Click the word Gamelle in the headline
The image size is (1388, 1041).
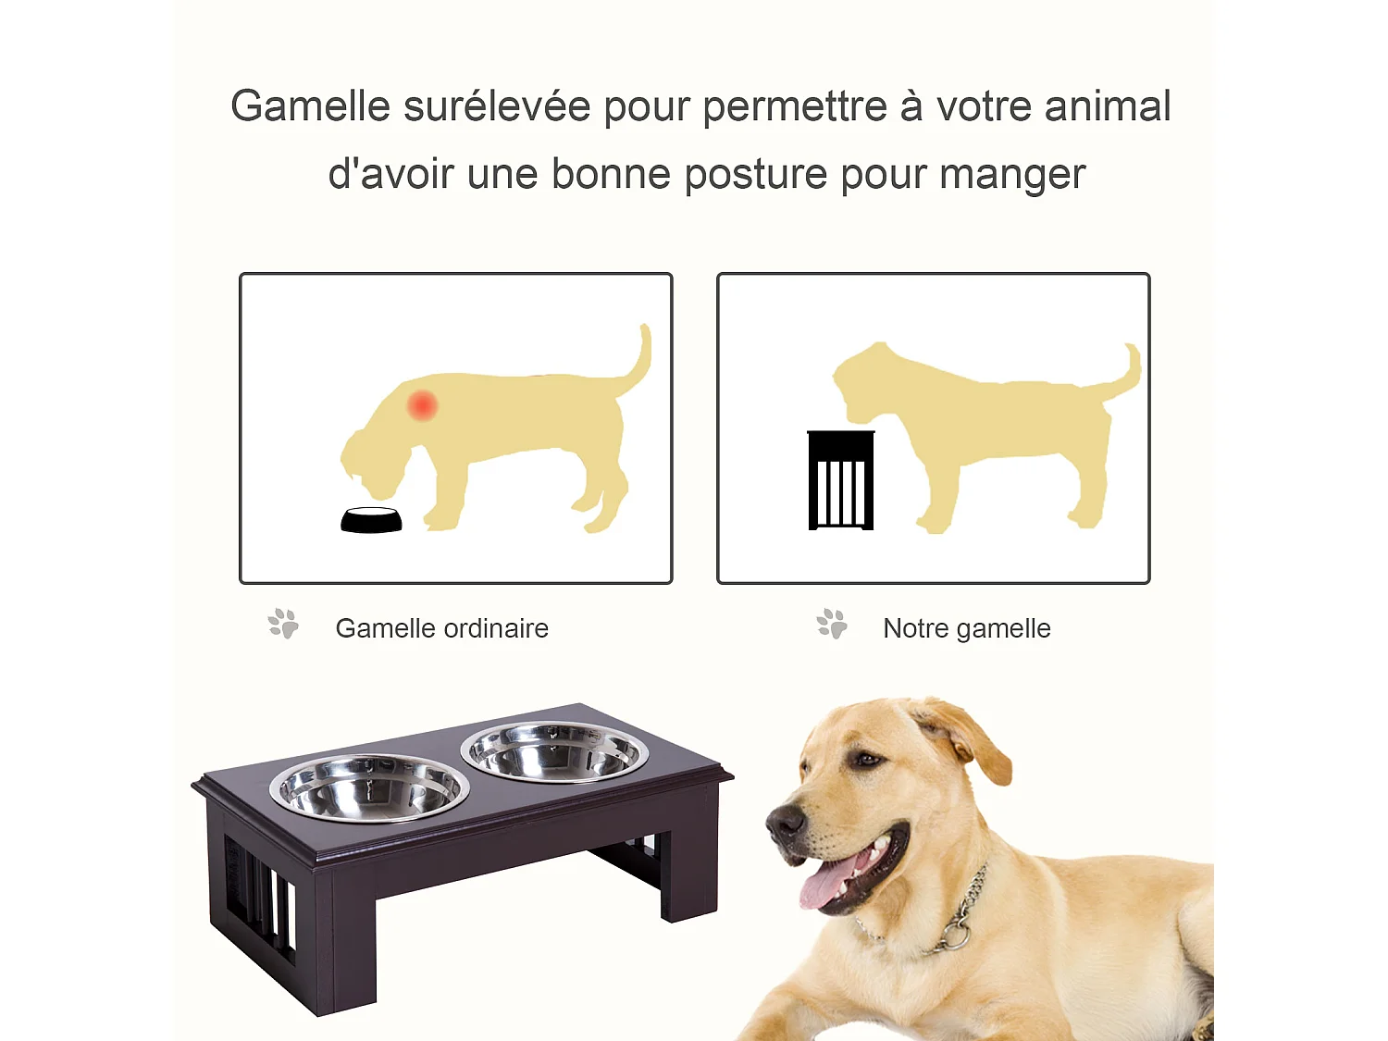310,106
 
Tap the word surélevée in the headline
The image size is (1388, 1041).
497,106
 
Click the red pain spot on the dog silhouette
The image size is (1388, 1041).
423,405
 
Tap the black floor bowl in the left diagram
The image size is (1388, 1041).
371,521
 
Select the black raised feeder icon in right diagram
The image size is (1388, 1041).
840,480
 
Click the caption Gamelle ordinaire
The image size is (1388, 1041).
441,628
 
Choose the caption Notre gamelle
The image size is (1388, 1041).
966,628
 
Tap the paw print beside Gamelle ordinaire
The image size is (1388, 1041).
283,624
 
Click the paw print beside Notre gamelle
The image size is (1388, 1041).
832,624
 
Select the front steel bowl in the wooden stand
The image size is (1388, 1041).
369,787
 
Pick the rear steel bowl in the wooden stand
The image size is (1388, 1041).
554,751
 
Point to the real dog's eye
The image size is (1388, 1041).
866,760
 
